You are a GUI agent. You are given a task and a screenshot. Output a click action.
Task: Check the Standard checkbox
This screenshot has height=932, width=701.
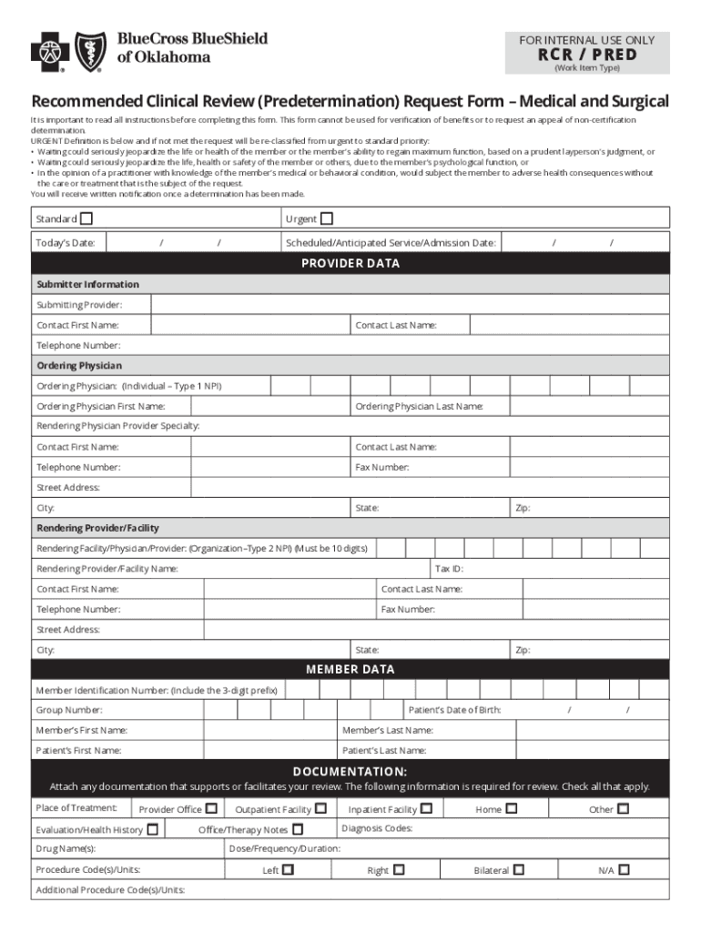click(x=86, y=218)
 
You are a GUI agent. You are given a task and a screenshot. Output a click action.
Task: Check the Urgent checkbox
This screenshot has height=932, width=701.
click(x=327, y=218)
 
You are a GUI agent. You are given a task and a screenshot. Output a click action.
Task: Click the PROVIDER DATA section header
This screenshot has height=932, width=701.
click(x=350, y=264)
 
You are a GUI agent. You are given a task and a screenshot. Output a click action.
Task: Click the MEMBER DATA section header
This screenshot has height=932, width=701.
click(x=350, y=669)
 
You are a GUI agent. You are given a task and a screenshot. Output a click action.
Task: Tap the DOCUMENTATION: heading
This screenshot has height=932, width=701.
click(x=350, y=771)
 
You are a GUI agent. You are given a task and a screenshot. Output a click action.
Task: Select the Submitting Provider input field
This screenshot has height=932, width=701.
click(x=410, y=305)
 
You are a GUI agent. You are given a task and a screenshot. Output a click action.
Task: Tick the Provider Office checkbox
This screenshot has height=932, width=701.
click(x=211, y=808)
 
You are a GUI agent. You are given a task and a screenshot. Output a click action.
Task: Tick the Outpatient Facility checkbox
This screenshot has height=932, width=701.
click(x=320, y=808)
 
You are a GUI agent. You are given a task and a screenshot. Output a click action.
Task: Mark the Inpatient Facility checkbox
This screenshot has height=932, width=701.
click(x=426, y=808)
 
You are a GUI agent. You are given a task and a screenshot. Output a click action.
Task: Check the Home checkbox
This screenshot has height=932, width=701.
click(x=512, y=808)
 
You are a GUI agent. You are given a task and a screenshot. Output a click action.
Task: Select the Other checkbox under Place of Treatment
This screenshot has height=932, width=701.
click(x=624, y=808)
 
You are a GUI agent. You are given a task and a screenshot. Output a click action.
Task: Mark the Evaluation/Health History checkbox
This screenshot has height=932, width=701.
click(x=153, y=829)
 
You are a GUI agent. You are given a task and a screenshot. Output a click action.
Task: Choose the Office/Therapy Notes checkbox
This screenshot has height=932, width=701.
click(x=298, y=829)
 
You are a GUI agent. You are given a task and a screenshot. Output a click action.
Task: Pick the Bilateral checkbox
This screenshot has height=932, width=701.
click(x=518, y=870)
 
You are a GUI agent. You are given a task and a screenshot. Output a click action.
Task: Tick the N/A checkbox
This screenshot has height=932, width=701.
click(x=624, y=870)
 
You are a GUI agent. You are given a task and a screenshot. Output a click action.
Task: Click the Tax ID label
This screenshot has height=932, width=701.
click(x=450, y=569)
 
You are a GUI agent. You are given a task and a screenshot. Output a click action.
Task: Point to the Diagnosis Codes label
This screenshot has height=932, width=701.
click(x=377, y=828)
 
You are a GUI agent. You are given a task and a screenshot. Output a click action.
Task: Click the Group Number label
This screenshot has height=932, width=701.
click(x=69, y=710)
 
